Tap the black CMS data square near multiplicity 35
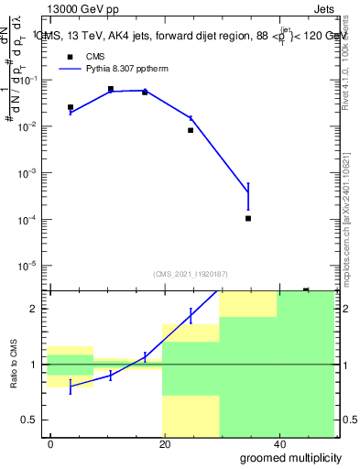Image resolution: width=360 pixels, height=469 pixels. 248,218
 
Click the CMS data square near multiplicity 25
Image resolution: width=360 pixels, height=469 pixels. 191,130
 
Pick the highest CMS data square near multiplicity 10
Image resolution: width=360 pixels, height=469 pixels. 110,89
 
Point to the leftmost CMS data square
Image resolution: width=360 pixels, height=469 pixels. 71,107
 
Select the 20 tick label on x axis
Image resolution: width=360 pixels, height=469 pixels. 163,443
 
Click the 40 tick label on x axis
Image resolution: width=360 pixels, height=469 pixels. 278,443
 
